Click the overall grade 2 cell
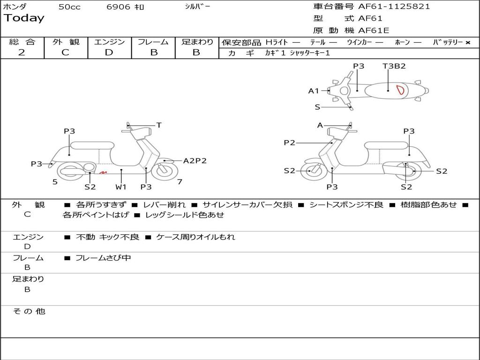coord(22,52)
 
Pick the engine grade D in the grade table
coord(109,52)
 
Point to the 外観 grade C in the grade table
coord(65,52)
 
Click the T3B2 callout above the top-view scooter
coord(394,66)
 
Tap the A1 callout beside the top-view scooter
coord(313,91)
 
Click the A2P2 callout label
coord(195,161)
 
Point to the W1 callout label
coord(121,187)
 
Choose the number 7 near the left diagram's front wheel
coord(180,181)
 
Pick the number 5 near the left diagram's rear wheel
coord(55,181)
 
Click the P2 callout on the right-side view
coord(289,143)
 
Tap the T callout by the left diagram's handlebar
coord(159,125)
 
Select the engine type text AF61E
coord(374,30)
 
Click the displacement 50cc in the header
coord(69,7)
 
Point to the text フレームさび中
coord(103,258)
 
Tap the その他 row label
coord(29,311)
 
